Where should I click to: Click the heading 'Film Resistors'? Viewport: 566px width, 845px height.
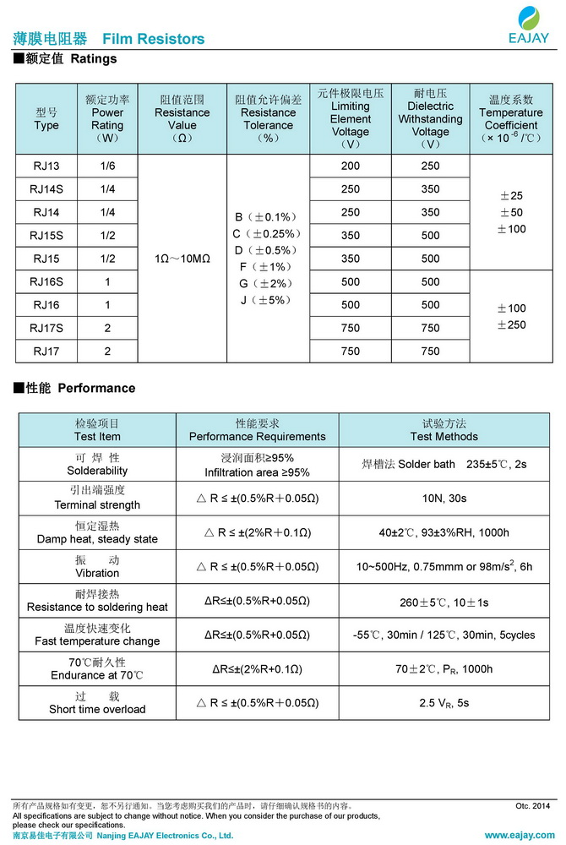pyautogui.click(x=153, y=39)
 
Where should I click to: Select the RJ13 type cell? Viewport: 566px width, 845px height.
pyautogui.click(x=46, y=166)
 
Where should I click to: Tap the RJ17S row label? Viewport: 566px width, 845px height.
pyautogui.click(x=46, y=328)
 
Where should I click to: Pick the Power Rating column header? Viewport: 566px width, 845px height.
pyautogui.click(x=107, y=118)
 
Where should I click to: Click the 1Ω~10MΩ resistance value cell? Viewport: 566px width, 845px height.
pyautogui.click(x=182, y=259)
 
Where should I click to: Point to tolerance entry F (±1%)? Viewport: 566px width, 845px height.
pyautogui.click(x=267, y=267)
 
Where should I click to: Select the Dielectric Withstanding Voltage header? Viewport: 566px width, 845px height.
pyautogui.click(x=430, y=118)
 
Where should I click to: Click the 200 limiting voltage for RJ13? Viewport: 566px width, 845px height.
pyautogui.click(x=351, y=166)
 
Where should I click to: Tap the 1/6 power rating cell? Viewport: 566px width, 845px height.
pyautogui.click(x=107, y=166)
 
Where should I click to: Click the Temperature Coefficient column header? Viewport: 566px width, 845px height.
pyautogui.click(x=511, y=118)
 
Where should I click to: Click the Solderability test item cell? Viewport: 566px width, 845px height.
pyautogui.click(x=97, y=464)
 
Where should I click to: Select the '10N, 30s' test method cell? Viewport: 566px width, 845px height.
pyautogui.click(x=444, y=499)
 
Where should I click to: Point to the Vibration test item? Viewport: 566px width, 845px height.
pyautogui.click(x=97, y=566)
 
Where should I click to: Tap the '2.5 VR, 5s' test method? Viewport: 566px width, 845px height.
pyautogui.click(x=444, y=703)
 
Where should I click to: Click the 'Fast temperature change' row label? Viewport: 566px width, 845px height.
pyautogui.click(x=97, y=635)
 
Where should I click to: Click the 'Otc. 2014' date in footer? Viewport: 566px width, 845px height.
pyautogui.click(x=532, y=806)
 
